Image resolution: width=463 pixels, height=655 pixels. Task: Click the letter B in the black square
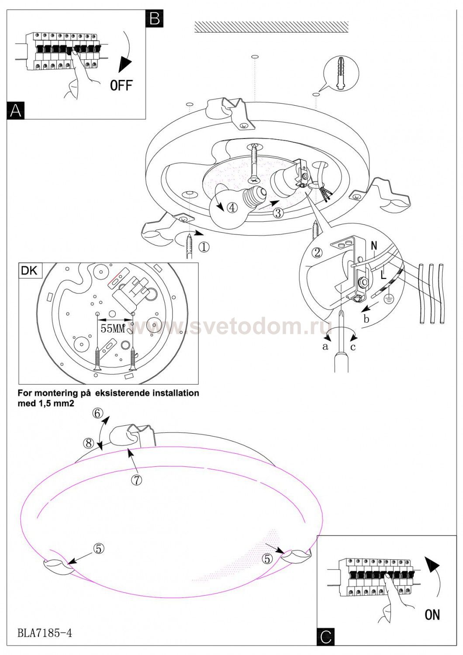pos(155,18)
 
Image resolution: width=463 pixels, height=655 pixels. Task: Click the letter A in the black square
pos(16,110)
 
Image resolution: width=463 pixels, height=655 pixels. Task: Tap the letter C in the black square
pos(326,637)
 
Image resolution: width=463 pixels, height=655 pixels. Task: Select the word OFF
pos(121,85)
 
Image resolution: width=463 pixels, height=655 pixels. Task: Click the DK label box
pos(30,271)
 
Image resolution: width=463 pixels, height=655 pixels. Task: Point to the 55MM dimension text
pos(113,328)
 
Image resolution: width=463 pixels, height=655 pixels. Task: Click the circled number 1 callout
pos(204,247)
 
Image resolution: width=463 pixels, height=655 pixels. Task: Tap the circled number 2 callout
pos(318,252)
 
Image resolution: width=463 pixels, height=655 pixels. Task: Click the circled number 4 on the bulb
pos(232,208)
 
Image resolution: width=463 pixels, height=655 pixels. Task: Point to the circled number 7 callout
pos(137,479)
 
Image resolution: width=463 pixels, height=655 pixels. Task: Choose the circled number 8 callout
pos(89,444)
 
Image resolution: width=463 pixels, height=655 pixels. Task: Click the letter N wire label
pos(374,246)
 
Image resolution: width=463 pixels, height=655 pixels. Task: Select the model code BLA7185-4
pos(45,632)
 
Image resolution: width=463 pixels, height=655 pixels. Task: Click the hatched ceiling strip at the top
pos(271,27)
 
